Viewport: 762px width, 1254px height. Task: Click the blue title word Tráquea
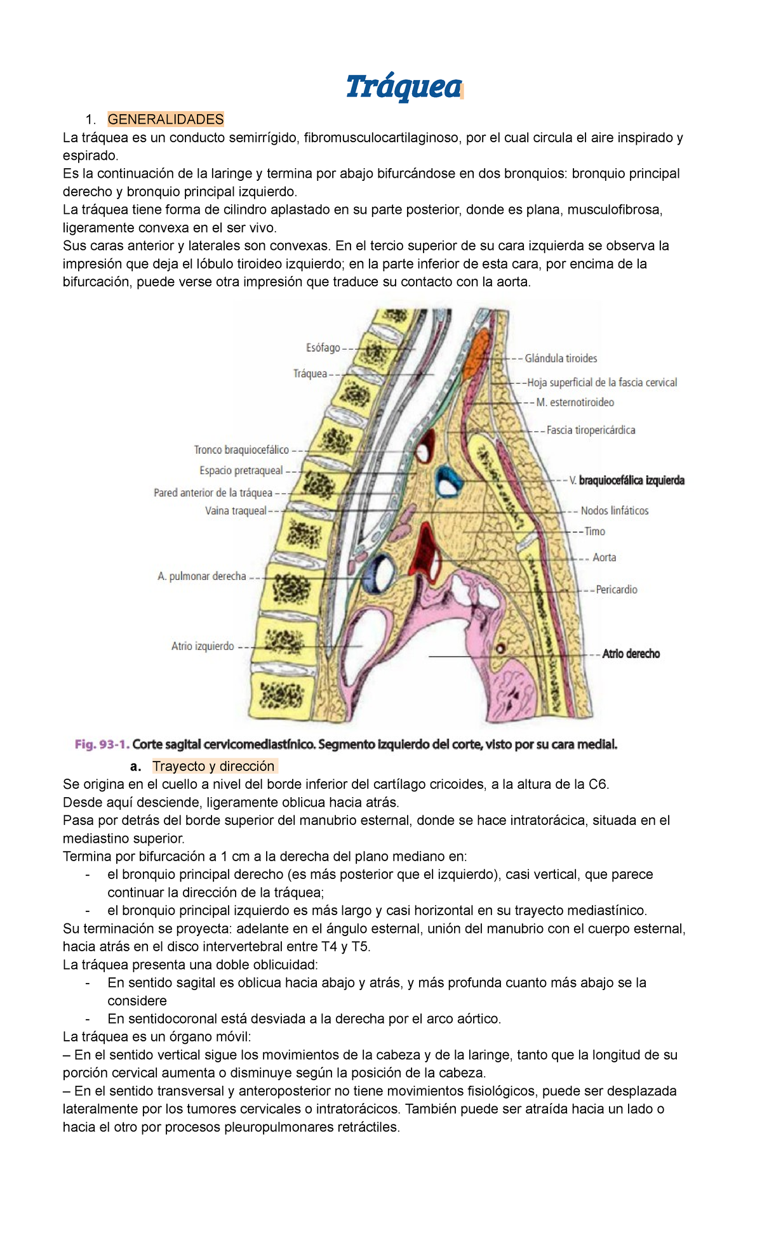(x=403, y=87)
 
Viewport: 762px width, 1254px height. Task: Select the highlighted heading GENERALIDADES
(x=166, y=119)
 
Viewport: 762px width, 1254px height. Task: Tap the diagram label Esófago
(x=323, y=348)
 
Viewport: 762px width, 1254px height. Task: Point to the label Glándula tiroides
(x=561, y=359)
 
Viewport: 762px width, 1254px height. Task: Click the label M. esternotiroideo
(x=575, y=402)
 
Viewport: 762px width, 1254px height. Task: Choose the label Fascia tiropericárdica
(x=591, y=430)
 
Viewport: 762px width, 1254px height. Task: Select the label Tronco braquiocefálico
(x=241, y=450)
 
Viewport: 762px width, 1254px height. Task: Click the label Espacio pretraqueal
(x=241, y=471)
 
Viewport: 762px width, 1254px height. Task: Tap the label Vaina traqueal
(x=236, y=511)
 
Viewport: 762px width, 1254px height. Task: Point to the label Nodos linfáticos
(x=615, y=511)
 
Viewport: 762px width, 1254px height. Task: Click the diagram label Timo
(x=595, y=532)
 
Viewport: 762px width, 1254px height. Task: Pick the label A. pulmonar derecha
(x=202, y=577)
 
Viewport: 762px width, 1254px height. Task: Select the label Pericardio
(x=617, y=590)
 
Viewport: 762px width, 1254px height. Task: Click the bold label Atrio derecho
(x=631, y=654)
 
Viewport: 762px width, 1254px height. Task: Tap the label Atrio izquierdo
(x=203, y=647)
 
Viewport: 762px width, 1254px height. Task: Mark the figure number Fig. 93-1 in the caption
(x=102, y=744)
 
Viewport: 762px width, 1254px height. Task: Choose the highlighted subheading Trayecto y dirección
(x=213, y=766)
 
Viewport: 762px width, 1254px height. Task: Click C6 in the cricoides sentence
(x=598, y=784)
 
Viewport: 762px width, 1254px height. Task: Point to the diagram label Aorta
(x=604, y=558)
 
